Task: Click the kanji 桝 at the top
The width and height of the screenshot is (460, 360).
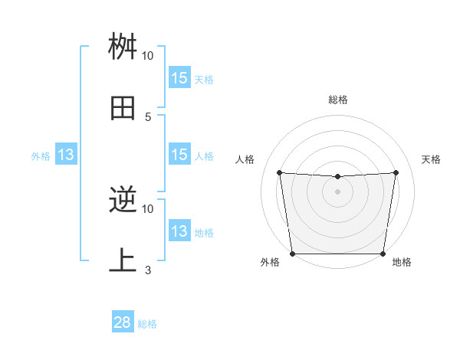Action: (123, 47)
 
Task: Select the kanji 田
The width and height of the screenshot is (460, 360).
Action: (123, 108)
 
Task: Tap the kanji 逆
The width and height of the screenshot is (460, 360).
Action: (123, 201)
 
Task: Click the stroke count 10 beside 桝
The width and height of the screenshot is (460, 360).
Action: (147, 56)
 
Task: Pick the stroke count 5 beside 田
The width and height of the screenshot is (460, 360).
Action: (147, 116)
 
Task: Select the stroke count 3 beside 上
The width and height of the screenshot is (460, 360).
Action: (147, 270)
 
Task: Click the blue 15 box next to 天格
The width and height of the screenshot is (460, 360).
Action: (179, 78)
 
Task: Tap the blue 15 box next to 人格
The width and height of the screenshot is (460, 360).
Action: (179, 155)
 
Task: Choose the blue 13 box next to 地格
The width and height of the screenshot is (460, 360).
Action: (179, 231)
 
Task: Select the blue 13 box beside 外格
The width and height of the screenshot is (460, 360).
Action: (66, 155)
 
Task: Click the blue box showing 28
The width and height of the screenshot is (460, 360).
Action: (123, 322)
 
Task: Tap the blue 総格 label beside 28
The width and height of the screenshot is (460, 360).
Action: (147, 324)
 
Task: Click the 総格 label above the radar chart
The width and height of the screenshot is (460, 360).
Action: (337, 100)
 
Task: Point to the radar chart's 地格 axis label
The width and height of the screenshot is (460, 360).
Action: (402, 263)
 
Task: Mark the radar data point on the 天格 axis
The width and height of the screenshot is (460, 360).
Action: (396, 172)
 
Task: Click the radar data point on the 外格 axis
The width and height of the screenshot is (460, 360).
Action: (292, 254)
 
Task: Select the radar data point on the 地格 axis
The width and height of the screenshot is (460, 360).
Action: (383, 254)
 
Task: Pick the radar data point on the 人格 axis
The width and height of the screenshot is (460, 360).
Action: (279, 172)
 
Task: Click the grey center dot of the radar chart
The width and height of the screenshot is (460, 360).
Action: (337, 191)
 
